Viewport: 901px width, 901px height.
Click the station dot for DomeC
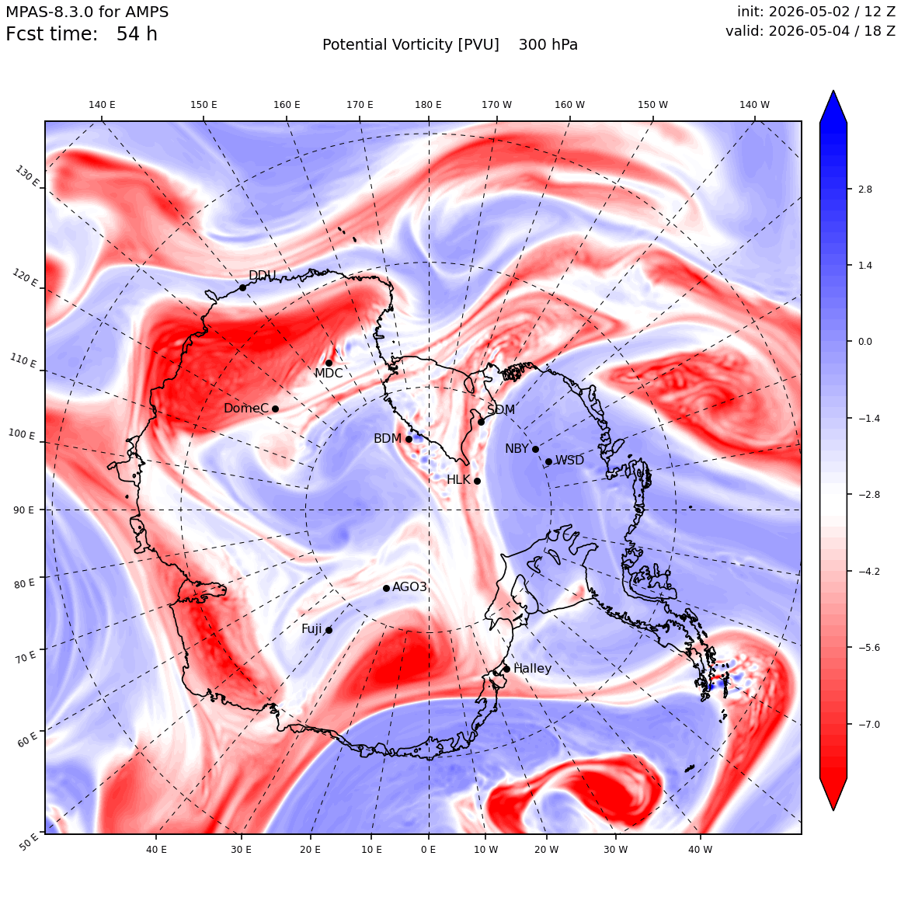coord(275,409)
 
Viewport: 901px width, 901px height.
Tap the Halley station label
coord(532,668)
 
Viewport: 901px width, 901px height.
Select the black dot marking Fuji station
coord(329,631)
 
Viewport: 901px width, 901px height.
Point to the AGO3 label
coord(409,586)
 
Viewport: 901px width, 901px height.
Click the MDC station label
coord(329,373)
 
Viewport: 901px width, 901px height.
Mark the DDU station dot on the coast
coord(242,288)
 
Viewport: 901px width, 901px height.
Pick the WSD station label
coord(569,461)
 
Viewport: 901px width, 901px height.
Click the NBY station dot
coord(535,450)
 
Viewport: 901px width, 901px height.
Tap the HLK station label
coord(458,479)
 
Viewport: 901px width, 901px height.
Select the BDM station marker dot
coord(409,440)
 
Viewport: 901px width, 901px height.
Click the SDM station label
coord(501,409)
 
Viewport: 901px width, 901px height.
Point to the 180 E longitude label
coord(429,105)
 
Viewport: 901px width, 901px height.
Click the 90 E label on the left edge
coord(23,510)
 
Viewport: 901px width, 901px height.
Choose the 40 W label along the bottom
coord(700,849)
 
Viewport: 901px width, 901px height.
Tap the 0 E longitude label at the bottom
coord(428,849)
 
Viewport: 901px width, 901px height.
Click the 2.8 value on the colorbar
coord(864,189)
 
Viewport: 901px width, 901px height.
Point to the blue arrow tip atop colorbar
coord(833,92)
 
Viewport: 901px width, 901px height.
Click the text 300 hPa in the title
coord(548,45)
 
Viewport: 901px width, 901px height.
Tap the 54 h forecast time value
coord(137,34)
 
